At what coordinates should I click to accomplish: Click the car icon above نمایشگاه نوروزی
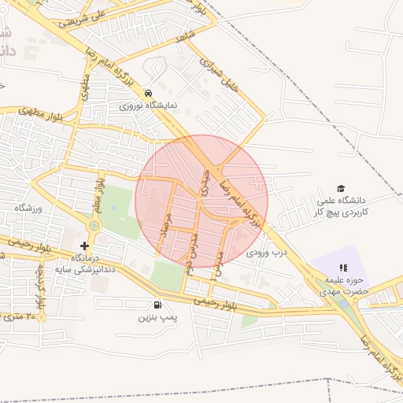[149, 93]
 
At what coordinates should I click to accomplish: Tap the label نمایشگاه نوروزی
[149, 105]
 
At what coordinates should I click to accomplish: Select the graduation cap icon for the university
[341, 188]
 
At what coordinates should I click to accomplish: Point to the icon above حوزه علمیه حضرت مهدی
[342, 268]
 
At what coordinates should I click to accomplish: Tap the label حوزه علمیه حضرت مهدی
[344, 286]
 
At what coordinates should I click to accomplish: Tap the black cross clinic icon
[85, 246]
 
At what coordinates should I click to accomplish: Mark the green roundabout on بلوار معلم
[94, 227]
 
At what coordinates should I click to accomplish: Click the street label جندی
[207, 181]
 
